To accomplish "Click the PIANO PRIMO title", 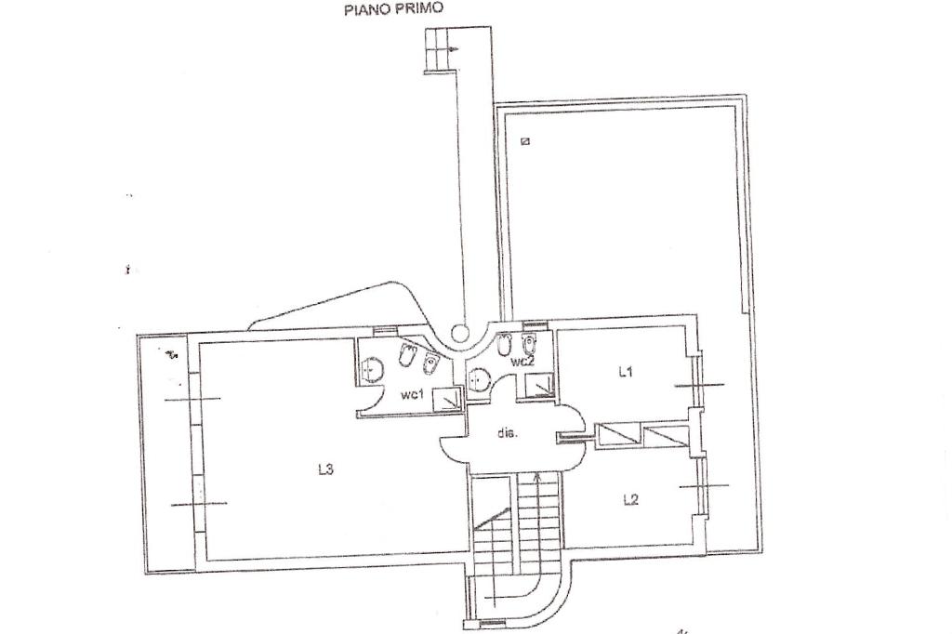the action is (x=393, y=9).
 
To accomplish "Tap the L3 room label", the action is (x=325, y=469).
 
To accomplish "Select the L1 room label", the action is (x=626, y=372).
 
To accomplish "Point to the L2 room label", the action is (x=630, y=499).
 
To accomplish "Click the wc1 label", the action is (x=413, y=395).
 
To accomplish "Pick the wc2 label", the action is (x=522, y=361).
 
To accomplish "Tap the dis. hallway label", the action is (x=507, y=432).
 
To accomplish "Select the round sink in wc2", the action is (x=480, y=379).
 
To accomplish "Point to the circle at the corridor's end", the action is (x=458, y=332).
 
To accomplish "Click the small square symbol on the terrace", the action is (x=525, y=141).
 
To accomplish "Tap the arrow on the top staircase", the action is (x=450, y=47).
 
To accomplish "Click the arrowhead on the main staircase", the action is (x=538, y=477).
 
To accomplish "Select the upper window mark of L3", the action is (x=192, y=399).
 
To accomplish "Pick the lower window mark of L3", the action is (x=198, y=504).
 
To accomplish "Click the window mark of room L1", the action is (x=698, y=384).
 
